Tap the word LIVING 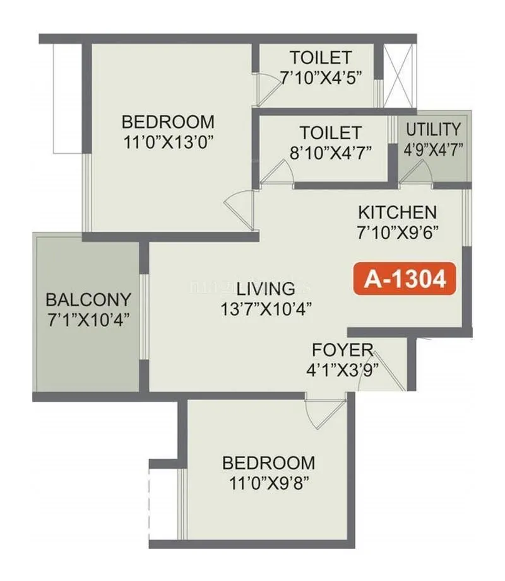click(266, 289)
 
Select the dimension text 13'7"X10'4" click(266, 309)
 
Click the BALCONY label click(88, 299)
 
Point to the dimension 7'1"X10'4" click(88, 319)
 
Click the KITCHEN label click(396, 212)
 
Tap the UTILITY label click(433, 130)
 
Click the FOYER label click(342, 350)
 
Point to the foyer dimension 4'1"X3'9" click(342, 369)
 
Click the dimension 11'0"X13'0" click(167, 140)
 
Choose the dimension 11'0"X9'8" click(268, 482)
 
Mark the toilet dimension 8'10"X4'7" click(330, 152)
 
